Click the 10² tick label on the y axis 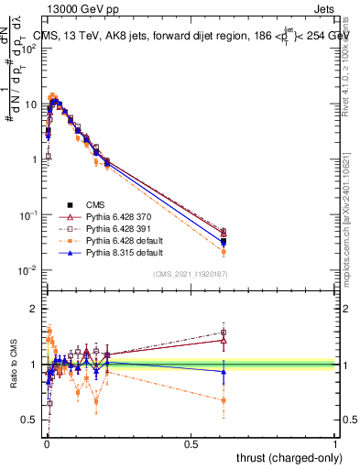[28, 49]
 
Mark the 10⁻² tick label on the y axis [28, 270]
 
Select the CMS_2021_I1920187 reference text [191, 275]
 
